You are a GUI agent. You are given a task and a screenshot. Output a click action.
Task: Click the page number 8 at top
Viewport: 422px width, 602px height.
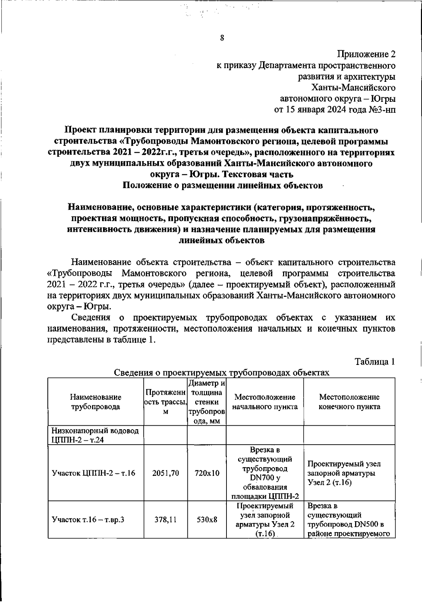[x=222, y=38]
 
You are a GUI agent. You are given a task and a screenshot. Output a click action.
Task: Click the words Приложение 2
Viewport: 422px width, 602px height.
[x=366, y=54]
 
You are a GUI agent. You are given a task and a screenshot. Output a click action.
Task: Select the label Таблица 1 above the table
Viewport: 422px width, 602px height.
[x=375, y=362]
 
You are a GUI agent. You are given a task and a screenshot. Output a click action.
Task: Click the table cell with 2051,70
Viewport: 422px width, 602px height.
[x=165, y=473]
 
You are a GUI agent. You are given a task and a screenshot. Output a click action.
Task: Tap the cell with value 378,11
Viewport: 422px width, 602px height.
[x=165, y=519]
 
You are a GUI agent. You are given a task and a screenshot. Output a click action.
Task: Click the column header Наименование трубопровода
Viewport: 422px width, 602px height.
[x=96, y=402]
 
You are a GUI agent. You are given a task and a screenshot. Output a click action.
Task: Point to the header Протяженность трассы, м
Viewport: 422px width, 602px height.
[x=165, y=402]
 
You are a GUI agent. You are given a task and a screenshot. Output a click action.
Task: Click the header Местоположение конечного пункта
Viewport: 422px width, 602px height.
[x=349, y=402]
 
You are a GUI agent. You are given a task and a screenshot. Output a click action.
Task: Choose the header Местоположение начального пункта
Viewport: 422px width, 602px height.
[x=264, y=402]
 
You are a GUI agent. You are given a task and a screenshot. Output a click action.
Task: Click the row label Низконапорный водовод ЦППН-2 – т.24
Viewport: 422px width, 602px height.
[x=95, y=435]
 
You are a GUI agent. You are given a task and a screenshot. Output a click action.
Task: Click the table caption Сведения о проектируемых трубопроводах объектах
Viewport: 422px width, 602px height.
[x=222, y=373]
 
